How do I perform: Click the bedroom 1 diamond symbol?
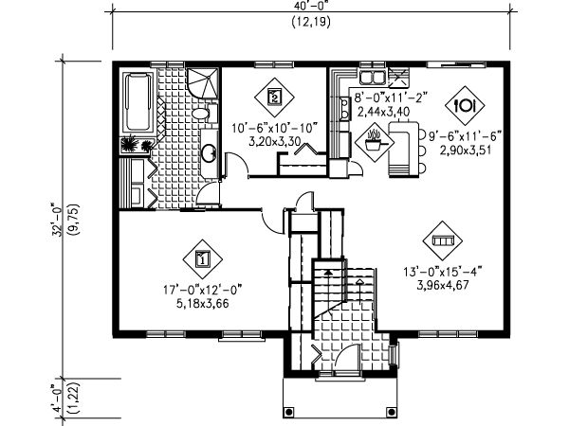tap(203, 259)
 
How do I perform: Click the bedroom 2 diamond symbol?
tap(274, 98)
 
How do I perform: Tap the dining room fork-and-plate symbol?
tap(465, 105)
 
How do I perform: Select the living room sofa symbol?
tap(442, 240)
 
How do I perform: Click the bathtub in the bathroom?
tap(138, 102)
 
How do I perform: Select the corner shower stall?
tap(203, 83)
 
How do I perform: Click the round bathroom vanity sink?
tap(209, 152)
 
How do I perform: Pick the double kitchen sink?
tap(372, 77)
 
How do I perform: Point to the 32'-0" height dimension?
tap(57, 220)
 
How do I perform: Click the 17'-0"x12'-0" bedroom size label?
tap(203, 290)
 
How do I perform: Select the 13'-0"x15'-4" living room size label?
tap(443, 272)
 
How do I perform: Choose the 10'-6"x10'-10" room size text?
tap(275, 128)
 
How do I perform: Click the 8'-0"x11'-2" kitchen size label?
tap(391, 98)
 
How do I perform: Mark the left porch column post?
tap(289, 412)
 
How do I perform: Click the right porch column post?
tap(391, 412)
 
